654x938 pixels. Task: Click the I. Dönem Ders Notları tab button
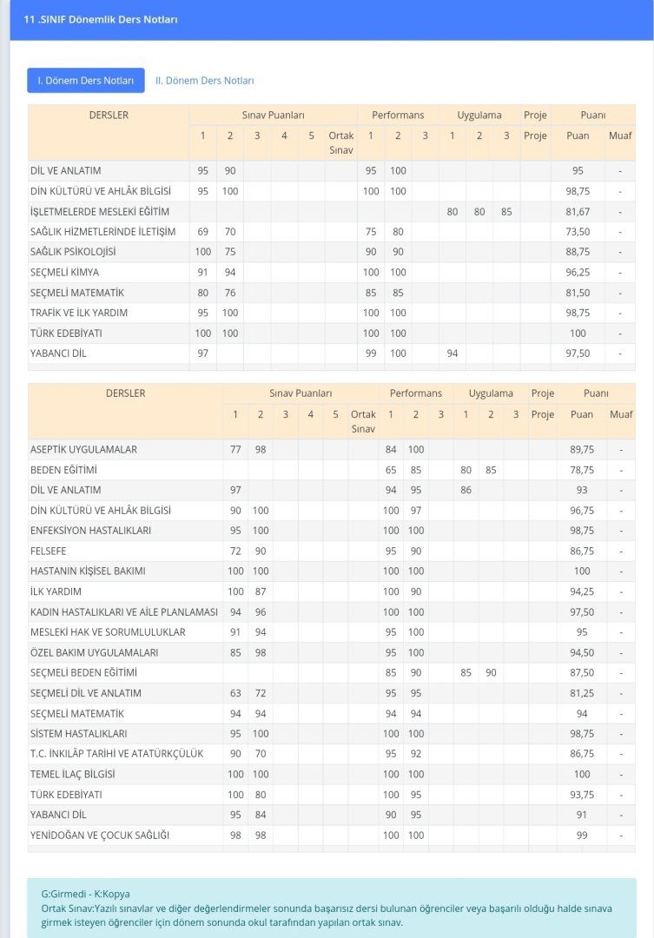[85, 81]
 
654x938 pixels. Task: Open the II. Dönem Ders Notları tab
[205, 81]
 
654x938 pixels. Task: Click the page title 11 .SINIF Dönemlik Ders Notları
[101, 19]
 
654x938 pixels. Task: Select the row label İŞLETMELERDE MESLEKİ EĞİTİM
[100, 212]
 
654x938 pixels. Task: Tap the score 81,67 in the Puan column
[578, 212]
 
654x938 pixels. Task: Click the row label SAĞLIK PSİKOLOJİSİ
[73, 252]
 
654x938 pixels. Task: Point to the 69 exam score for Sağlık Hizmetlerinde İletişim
[203, 232]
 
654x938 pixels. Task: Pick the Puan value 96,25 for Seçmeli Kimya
[578, 273]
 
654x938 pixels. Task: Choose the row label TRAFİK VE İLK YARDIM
[79, 313]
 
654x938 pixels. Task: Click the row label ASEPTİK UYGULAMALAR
[83, 450]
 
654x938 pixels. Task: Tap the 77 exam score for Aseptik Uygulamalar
[235, 450]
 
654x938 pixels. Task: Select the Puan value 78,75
[582, 470]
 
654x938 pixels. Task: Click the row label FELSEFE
[48, 552]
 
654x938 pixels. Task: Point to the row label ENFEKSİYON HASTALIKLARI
[90, 531]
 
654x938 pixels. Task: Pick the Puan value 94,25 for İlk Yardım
[582, 591]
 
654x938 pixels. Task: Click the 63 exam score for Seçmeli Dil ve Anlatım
[235, 693]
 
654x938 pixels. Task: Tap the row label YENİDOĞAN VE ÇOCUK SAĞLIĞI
[99, 836]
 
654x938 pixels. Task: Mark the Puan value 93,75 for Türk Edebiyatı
[582, 795]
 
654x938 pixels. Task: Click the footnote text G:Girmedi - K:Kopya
[85, 894]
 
